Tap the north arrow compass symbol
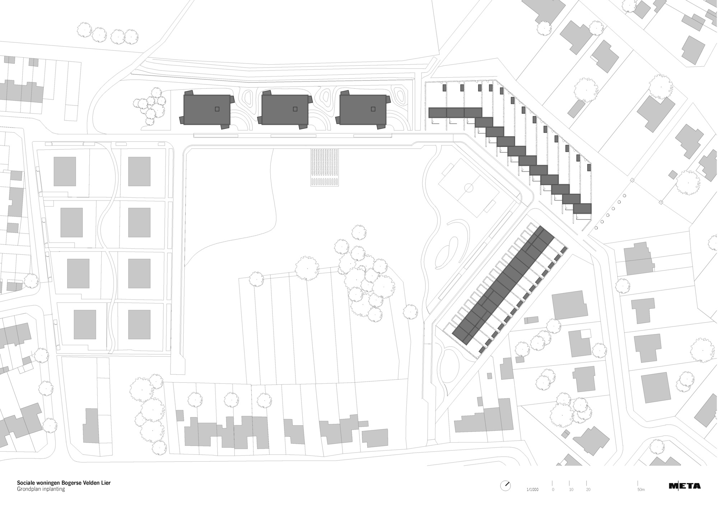[x=505, y=485]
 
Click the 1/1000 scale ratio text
[x=532, y=490]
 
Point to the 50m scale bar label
[x=641, y=490]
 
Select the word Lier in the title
[x=106, y=483]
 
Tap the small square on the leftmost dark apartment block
[x=217, y=109]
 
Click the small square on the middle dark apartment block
[x=295, y=109]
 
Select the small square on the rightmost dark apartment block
[x=373, y=109]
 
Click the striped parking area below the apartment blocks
[x=325, y=167]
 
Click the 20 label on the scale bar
[x=588, y=490]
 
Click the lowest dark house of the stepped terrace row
[x=582, y=209]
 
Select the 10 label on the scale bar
[x=571, y=490]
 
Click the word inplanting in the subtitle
[x=53, y=489]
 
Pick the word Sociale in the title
[x=25, y=483]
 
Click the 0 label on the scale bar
[x=553, y=490]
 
